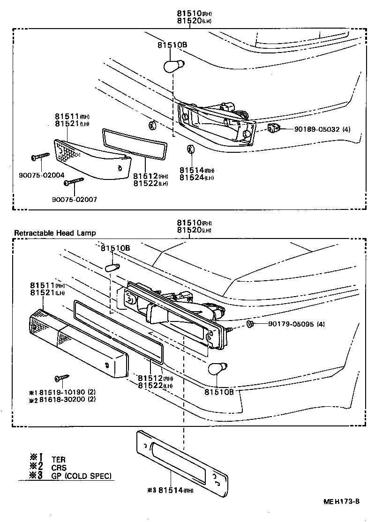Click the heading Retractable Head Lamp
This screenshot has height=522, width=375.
55,233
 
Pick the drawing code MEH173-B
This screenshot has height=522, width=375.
341,501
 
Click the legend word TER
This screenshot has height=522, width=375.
59,460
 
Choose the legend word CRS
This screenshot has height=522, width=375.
59,468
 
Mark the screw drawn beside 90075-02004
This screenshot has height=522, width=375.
40,156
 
